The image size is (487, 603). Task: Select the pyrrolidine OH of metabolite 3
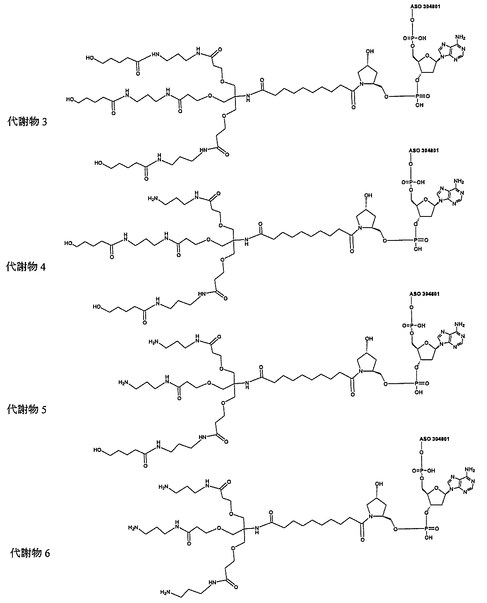pos(370,51)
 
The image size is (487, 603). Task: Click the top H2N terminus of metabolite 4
pos(153,199)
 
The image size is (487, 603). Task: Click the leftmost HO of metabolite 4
pos(68,243)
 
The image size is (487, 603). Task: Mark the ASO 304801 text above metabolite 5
pos(424,293)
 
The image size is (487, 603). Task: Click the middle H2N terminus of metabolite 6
pos(133,528)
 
